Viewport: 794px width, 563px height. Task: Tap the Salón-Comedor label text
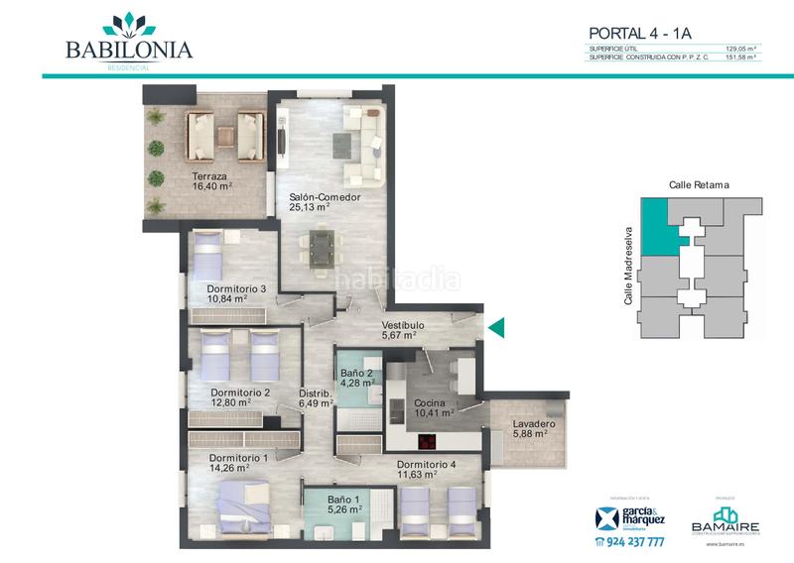(325, 197)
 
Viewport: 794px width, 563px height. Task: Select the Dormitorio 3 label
(236, 288)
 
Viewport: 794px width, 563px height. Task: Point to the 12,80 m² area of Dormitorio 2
(231, 403)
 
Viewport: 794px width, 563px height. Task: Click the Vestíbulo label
(404, 324)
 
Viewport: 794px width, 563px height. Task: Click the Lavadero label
(533, 425)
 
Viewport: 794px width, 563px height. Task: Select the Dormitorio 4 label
(427, 464)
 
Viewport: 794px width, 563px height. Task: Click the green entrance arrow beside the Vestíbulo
(496, 327)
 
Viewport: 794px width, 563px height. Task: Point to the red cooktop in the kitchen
(430, 442)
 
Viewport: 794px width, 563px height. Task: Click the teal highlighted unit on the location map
(656, 223)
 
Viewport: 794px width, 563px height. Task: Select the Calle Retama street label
(699, 185)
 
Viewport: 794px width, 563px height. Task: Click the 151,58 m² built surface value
(742, 57)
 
